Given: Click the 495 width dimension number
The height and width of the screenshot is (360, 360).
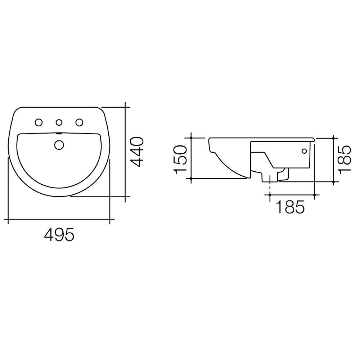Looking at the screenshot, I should point(59,235).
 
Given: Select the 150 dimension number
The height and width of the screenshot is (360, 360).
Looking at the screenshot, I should point(180,159).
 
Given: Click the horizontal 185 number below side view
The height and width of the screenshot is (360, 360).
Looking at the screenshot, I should point(290,207).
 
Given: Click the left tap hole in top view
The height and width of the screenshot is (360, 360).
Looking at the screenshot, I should point(38,123).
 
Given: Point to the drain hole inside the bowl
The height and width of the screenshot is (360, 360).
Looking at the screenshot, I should point(59,145).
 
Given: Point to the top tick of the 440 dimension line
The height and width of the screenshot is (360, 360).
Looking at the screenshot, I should point(125,107).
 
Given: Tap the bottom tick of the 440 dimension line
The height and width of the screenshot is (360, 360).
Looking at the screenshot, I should point(125,197).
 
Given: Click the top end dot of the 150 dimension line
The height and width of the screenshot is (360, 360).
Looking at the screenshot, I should point(192,138).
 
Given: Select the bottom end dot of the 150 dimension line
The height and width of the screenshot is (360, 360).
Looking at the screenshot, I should point(192,178).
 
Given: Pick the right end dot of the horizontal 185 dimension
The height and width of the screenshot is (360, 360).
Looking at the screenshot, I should point(315,195).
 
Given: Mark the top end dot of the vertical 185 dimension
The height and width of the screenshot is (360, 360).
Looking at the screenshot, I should point(334,138).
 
